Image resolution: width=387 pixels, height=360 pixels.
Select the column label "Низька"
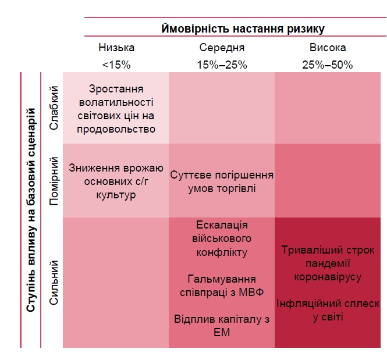click(116, 48)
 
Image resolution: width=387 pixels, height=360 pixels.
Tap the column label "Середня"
click(222, 48)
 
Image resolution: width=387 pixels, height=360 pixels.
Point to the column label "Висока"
click(327, 48)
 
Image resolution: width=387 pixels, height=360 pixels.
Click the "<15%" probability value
click(116, 65)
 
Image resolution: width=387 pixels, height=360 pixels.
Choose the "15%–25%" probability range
click(222, 65)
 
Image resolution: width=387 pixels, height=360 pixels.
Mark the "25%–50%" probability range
click(327, 65)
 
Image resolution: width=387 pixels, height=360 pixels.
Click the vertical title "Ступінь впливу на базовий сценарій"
click(31, 210)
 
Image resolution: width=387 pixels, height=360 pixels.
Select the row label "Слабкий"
click(54, 108)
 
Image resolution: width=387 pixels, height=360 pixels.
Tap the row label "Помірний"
click(54, 180)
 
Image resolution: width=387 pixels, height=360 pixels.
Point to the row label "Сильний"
click(54, 283)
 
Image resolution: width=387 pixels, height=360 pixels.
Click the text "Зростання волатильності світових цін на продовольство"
click(116, 109)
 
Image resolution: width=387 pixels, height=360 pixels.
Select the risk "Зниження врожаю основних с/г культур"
click(116, 181)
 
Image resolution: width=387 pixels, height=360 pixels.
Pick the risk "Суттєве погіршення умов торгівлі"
click(222, 181)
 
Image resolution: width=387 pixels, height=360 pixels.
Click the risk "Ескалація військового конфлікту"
click(222, 238)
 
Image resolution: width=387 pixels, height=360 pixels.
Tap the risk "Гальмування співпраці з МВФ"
click(222, 286)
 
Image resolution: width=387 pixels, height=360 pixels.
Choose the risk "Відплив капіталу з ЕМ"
click(222, 325)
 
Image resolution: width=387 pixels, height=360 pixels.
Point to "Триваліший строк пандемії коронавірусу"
click(327, 263)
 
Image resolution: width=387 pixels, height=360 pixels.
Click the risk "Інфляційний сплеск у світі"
click(327, 310)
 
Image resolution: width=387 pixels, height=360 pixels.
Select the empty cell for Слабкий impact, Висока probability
click(327, 108)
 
